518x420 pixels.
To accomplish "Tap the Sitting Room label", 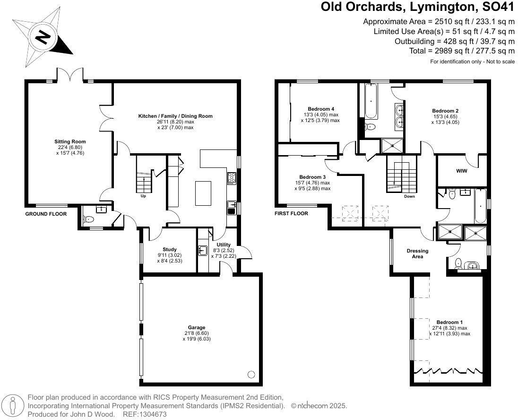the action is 70,141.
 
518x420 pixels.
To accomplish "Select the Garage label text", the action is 197,327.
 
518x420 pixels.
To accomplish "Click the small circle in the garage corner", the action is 251,375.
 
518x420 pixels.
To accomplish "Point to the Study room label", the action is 170,249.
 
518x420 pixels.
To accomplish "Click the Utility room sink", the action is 202,250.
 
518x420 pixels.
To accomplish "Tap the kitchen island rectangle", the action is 203,193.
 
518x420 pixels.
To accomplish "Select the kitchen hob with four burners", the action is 232,179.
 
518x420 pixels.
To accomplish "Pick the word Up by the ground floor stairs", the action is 143,196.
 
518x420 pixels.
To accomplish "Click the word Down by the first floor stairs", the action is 409,196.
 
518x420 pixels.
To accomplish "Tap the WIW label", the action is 461,171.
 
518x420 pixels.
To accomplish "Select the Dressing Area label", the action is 418,254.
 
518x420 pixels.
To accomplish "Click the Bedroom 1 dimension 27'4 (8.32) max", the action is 449,328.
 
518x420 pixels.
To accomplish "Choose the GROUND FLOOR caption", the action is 46,214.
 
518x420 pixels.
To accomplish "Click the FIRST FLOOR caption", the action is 291,214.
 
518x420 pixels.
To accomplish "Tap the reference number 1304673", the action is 154,414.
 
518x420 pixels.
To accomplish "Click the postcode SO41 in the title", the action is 499,7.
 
